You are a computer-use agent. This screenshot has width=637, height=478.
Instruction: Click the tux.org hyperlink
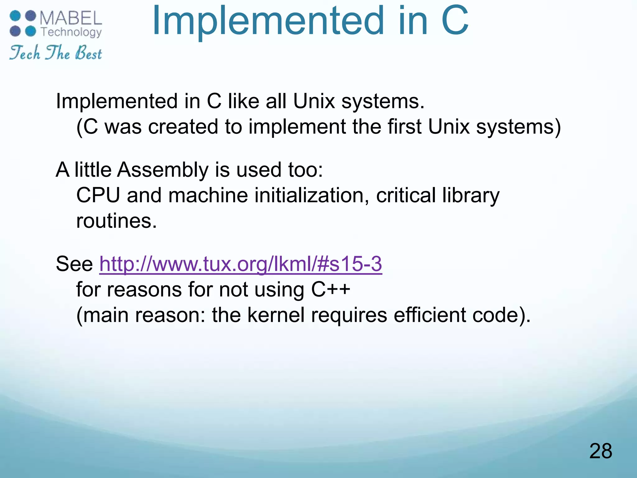point(240,264)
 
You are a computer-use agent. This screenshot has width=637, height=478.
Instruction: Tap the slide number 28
point(600,451)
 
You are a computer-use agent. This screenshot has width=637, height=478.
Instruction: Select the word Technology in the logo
point(71,32)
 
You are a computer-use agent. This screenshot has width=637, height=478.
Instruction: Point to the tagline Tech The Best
point(55,53)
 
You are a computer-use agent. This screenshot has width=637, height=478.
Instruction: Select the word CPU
point(98,195)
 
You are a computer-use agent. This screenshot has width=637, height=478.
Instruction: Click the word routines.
point(116,221)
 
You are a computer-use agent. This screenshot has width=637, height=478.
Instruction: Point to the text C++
point(331,289)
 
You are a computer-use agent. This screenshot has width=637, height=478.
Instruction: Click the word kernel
point(276,315)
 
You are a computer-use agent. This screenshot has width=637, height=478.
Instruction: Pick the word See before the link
point(74,264)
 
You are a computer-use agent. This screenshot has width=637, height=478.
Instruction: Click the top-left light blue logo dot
point(15,16)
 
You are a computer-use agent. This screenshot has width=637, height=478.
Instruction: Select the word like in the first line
point(244,101)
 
